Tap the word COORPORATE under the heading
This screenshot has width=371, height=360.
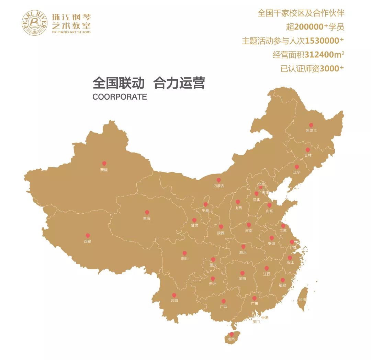[x=120, y=97]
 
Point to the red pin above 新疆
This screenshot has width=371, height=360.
[x=104, y=164]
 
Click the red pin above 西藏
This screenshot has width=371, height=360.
[x=88, y=235]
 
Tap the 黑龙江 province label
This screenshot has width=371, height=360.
[x=311, y=131]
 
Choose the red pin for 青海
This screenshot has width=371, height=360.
[x=147, y=212]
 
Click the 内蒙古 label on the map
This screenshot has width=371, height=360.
[x=218, y=186]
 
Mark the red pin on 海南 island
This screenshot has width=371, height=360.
[x=232, y=334]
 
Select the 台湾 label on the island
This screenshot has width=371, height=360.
[x=302, y=300]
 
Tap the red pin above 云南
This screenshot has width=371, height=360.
[x=174, y=295]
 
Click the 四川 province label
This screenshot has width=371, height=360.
[x=184, y=259]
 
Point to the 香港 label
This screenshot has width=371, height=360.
[x=265, y=318]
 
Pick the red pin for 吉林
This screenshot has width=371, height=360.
[x=308, y=150]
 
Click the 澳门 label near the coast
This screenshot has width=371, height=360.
[x=256, y=322]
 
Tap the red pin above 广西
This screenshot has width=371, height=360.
[x=224, y=301]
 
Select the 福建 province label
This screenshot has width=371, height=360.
[x=282, y=285]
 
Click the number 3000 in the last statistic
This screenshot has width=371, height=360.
[x=329, y=69]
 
